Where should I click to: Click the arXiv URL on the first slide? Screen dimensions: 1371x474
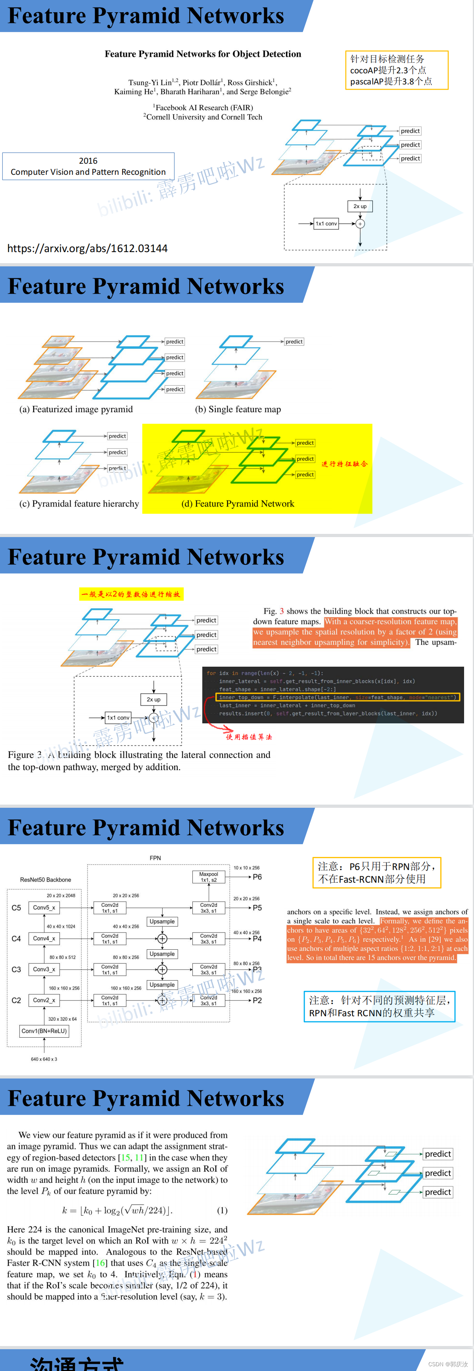(x=87, y=248)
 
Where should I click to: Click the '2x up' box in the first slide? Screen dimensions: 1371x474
(x=360, y=206)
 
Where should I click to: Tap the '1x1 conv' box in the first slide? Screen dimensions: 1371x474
(x=326, y=224)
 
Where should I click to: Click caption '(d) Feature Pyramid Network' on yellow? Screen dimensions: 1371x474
(x=238, y=503)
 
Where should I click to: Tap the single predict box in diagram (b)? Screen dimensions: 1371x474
(x=294, y=342)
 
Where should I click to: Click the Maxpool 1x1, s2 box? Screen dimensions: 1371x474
(x=208, y=877)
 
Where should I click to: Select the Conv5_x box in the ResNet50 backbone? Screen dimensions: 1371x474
(x=44, y=907)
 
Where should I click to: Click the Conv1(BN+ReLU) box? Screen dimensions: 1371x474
(x=44, y=1031)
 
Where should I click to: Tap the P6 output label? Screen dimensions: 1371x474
(x=257, y=877)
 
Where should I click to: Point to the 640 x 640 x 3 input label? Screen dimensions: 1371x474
(x=44, y=1059)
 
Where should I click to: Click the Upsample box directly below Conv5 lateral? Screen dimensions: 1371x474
(x=162, y=921)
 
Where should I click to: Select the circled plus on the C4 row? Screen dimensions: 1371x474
(x=162, y=938)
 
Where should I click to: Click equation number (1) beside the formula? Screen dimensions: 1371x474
(x=222, y=1210)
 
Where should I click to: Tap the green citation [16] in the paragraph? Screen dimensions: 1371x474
(x=100, y=1263)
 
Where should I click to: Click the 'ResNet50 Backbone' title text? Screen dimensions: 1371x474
(x=45, y=880)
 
